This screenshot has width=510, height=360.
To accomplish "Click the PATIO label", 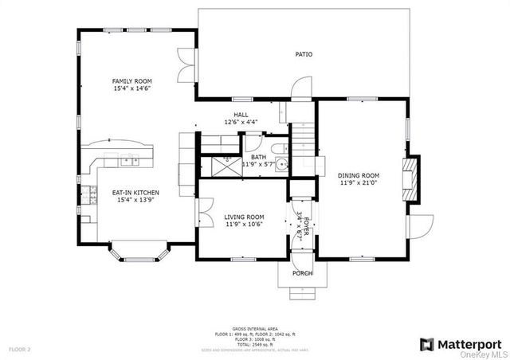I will [304, 55].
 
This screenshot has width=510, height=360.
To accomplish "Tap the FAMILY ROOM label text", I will [131, 81].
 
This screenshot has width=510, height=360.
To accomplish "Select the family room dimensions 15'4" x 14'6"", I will [131, 88].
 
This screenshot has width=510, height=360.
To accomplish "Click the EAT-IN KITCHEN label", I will [135, 193].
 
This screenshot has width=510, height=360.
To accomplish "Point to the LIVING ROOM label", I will [243, 217].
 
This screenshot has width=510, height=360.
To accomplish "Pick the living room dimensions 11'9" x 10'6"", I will [243, 225].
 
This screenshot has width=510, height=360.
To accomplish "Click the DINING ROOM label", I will [359, 175].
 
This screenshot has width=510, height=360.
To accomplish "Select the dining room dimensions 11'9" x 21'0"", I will [359, 182].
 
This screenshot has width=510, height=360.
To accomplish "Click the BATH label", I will [258, 158].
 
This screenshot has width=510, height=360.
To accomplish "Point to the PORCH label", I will [302, 273].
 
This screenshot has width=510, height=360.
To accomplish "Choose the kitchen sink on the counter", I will [129, 162].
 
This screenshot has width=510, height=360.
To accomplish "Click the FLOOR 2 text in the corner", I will [19, 349].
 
